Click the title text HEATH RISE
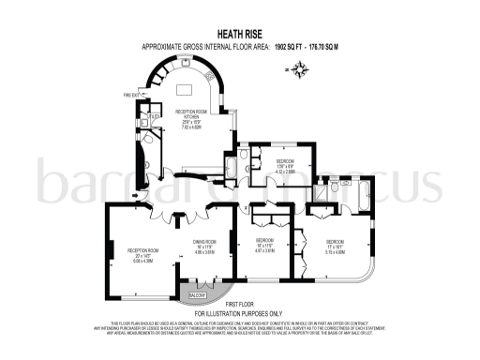[x=239, y=31]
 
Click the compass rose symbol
[x=300, y=68]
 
